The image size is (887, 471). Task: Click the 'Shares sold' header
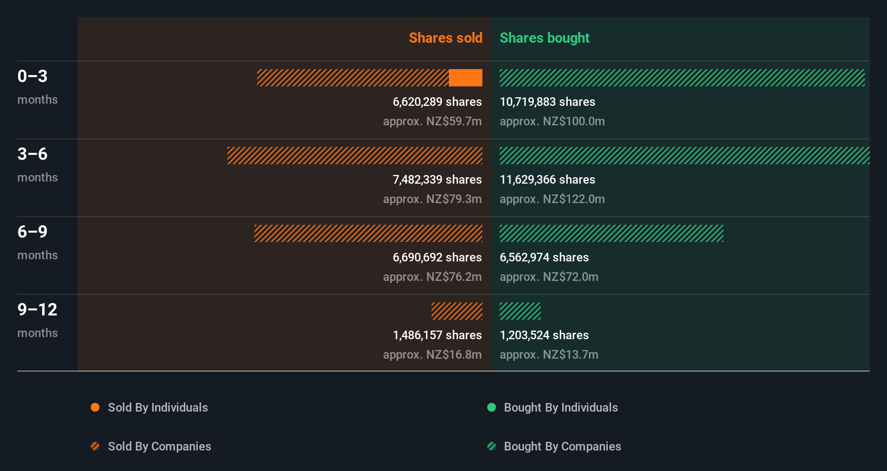click(x=445, y=38)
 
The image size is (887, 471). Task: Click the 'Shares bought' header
click(x=544, y=38)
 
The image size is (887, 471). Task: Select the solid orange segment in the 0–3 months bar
click(x=465, y=78)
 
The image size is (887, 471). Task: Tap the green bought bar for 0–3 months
click(x=682, y=78)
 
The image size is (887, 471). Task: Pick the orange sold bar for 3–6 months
click(x=355, y=156)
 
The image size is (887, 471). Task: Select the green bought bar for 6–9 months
click(x=611, y=233)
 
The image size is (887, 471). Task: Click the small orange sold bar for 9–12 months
click(x=457, y=311)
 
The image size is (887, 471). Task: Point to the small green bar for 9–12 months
click(x=520, y=311)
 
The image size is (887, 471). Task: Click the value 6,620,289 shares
click(x=437, y=102)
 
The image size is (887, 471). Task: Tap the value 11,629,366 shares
click(x=547, y=179)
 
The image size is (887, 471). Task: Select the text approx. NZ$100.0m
click(x=552, y=121)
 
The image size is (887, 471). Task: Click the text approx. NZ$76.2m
click(x=432, y=277)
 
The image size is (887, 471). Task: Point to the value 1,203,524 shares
click(x=544, y=335)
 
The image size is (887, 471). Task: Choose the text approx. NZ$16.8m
click(x=432, y=354)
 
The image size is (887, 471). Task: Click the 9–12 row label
click(x=37, y=309)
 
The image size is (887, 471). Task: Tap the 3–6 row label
click(x=32, y=154)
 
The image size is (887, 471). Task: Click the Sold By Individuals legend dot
click(x=95, y=407)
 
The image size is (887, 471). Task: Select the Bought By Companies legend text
click(x=562, y=446)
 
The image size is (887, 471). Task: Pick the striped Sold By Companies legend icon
click(x=95, y=446)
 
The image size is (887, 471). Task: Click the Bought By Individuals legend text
click(x=561, y=407)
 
